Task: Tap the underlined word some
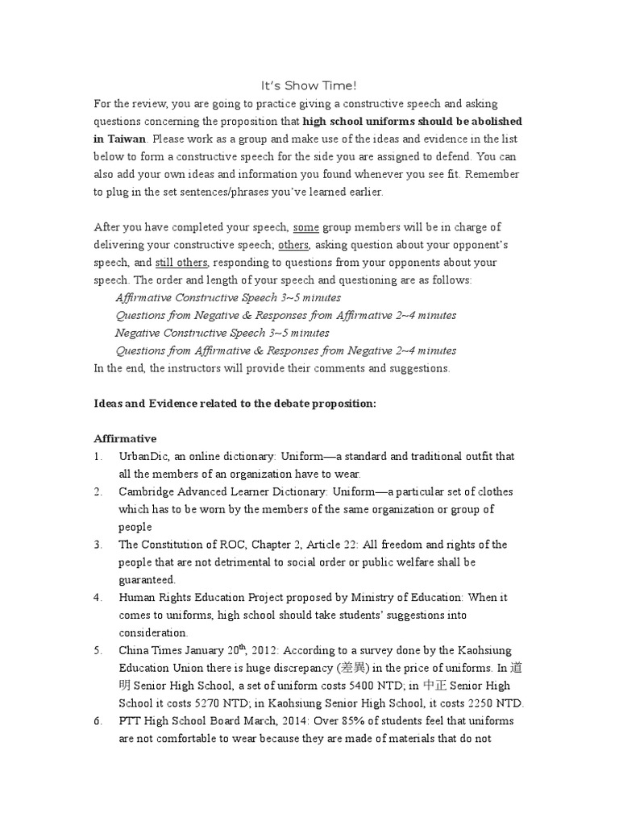click(x=306, y=227)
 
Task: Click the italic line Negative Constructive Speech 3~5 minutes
click(x=222, y=333)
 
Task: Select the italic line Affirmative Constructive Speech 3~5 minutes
click(x=228, y=297)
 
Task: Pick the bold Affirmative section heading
click(x=125, y=438)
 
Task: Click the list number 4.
click(x=98, y=598)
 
